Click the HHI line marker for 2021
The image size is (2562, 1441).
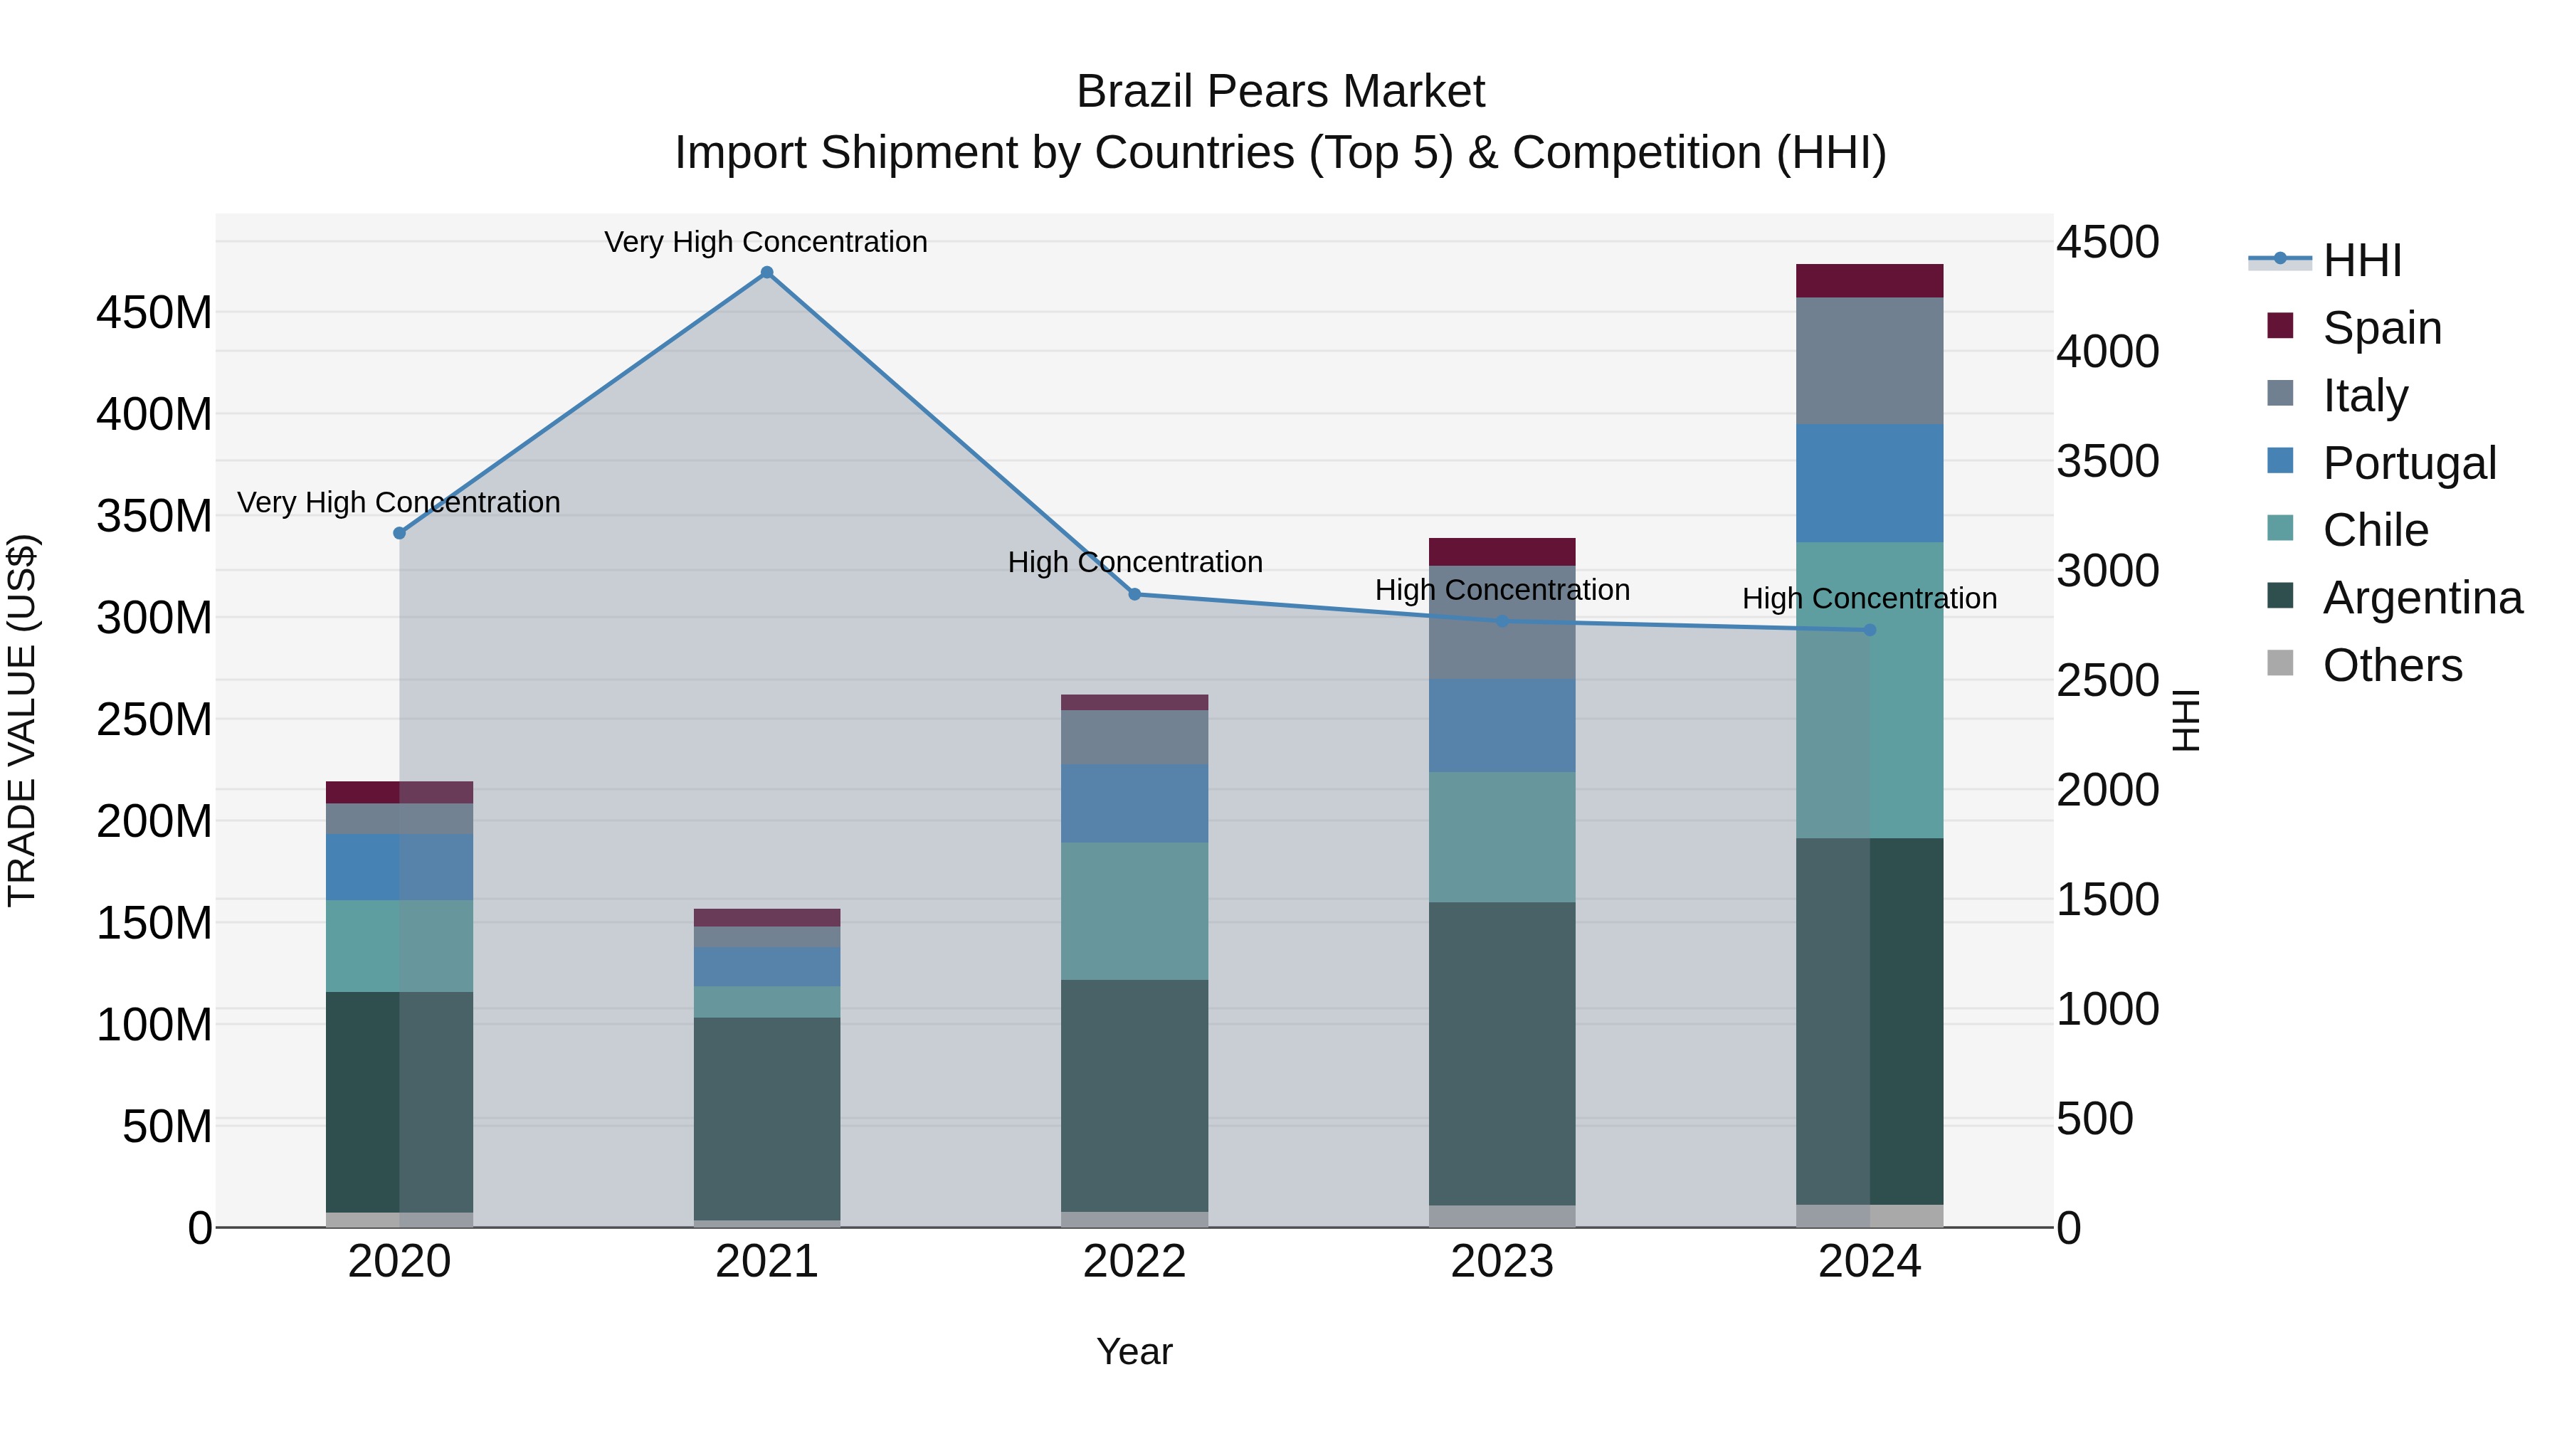coord(766,273)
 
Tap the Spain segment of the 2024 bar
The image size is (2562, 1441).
coord(1869,280)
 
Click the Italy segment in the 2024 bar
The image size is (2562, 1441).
coord(1869,361)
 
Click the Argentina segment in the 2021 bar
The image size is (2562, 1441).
coord(766,1118)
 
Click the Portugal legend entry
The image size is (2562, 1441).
coord(2408,463)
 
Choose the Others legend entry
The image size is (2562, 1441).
coord(2391,665)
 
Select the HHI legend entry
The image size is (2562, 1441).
coord(2361,260)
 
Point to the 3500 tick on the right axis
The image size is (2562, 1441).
coord(2107,461)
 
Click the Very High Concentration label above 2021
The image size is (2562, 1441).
coord(766,242)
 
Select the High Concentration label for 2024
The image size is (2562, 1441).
coord(1869,598)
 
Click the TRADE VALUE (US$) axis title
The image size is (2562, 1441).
coord(23,720)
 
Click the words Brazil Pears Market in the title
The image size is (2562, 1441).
coord(1280,92)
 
